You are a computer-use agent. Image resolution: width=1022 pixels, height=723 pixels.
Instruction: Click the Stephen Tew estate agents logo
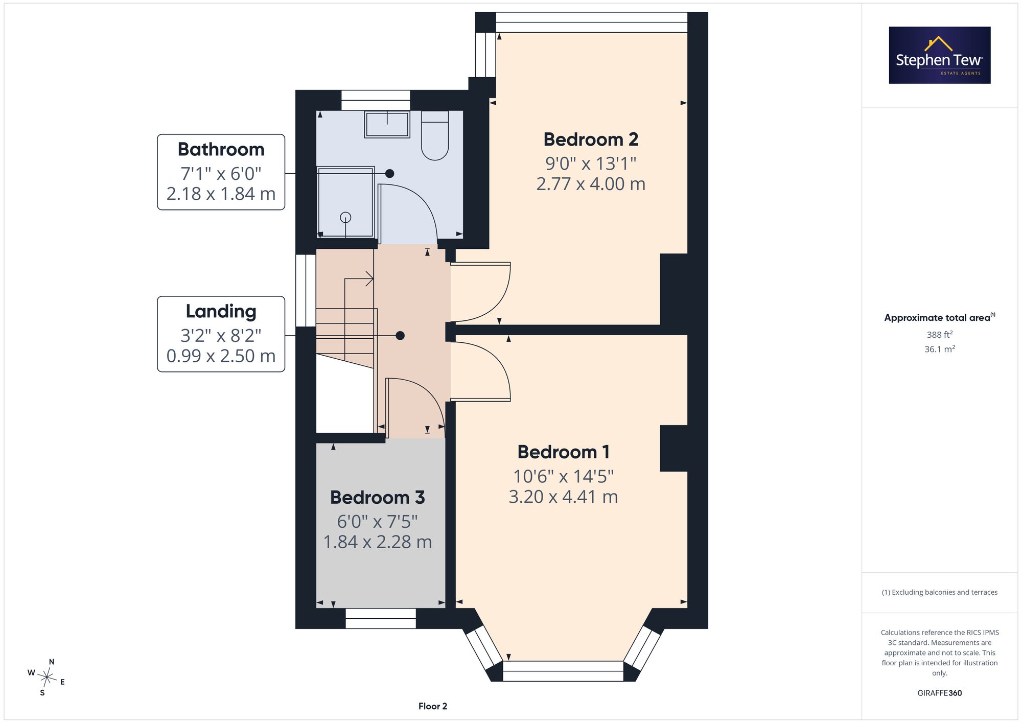[x=940, y=55]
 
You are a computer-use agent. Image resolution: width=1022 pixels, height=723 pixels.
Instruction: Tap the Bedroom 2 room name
[x=591, y=139]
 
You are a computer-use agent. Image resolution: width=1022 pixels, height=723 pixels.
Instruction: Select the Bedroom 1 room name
[x=563, y=452]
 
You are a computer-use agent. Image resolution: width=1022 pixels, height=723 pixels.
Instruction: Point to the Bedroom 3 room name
[x=378, y=498]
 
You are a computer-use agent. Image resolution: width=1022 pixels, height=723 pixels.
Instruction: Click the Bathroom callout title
[x=221, y=149]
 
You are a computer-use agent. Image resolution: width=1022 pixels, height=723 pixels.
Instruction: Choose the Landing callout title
[x=221, y=312]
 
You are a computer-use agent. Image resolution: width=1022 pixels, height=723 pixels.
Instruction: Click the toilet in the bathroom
[x=435, y=135]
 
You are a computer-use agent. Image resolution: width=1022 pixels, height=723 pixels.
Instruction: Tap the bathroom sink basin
[x=387, y=124]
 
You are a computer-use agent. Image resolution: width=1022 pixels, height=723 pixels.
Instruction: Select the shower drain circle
[x=346, y=217]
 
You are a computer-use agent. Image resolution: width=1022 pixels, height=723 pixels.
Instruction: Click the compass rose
[x=47, y=678]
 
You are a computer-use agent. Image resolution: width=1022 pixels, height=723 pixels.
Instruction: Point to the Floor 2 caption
[x=433, y=706]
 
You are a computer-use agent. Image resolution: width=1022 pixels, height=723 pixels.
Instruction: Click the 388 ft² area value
[x=940, y=335]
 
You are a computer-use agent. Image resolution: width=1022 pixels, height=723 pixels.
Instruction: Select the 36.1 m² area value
[x=940, y=349]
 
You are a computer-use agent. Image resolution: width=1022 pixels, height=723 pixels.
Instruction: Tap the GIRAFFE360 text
[x=940, y=693]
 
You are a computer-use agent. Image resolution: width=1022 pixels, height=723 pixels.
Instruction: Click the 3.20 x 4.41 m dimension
[x=563, y=497]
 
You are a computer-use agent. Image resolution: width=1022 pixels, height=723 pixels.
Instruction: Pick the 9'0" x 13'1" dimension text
[x=591, y=164]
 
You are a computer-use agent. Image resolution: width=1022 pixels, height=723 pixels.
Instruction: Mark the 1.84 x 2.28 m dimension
[x=378, y=542]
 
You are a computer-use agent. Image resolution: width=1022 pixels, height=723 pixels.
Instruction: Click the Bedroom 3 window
[x=381, y=618]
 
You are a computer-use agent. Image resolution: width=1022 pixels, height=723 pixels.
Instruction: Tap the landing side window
[x=306, y=290]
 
